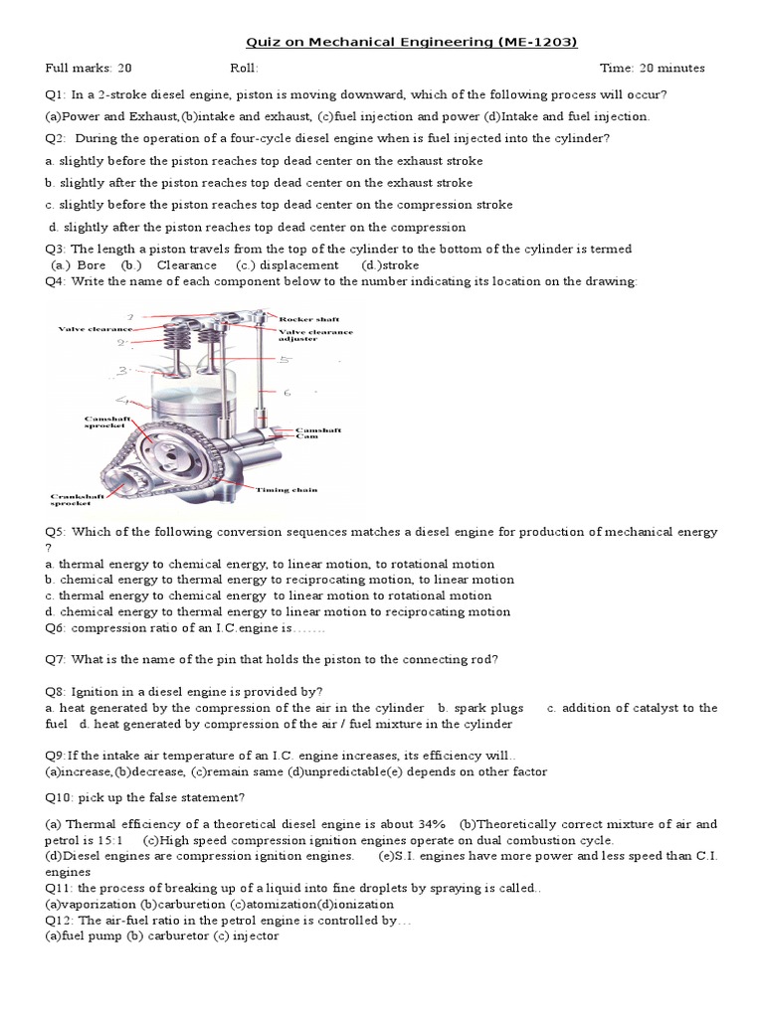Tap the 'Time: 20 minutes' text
653,69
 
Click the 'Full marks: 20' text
89,69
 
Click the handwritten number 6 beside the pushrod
287,393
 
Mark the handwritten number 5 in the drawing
284,358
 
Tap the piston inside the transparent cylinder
182,406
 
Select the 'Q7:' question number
57,659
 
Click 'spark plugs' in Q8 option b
488,708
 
